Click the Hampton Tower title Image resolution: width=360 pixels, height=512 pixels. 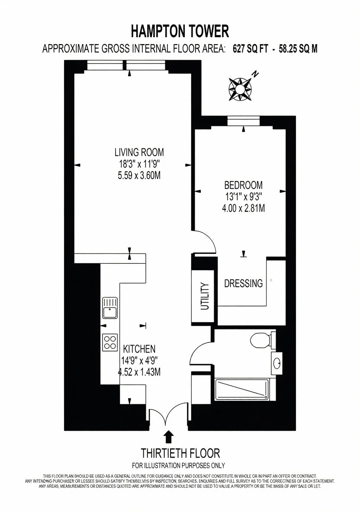coord(180,32)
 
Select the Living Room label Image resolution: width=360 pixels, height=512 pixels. coord(139,152)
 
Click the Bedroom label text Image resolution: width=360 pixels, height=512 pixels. coord(243,185)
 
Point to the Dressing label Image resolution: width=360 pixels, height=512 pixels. coord(243,283)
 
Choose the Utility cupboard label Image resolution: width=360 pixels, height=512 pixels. coord(205,297)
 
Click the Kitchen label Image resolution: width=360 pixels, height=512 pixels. coord(139,349)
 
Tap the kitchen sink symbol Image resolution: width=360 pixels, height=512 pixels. coord(110,307)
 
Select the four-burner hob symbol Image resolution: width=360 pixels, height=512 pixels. coord(110,342)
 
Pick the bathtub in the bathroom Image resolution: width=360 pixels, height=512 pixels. coord(242,390)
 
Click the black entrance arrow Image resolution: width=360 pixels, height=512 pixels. coord(169,437)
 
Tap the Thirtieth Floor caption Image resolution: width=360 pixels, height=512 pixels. coord(180,453)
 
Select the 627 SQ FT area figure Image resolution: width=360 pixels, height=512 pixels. coord(251,49)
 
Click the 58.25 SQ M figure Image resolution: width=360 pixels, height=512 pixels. coord(298,49)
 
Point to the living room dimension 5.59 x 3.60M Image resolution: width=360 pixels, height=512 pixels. coord(139,176)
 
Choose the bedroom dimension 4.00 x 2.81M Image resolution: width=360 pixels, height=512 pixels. coord(243,208)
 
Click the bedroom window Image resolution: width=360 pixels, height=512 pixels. coord(244,121)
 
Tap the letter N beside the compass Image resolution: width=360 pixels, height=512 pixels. coord(255,74)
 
